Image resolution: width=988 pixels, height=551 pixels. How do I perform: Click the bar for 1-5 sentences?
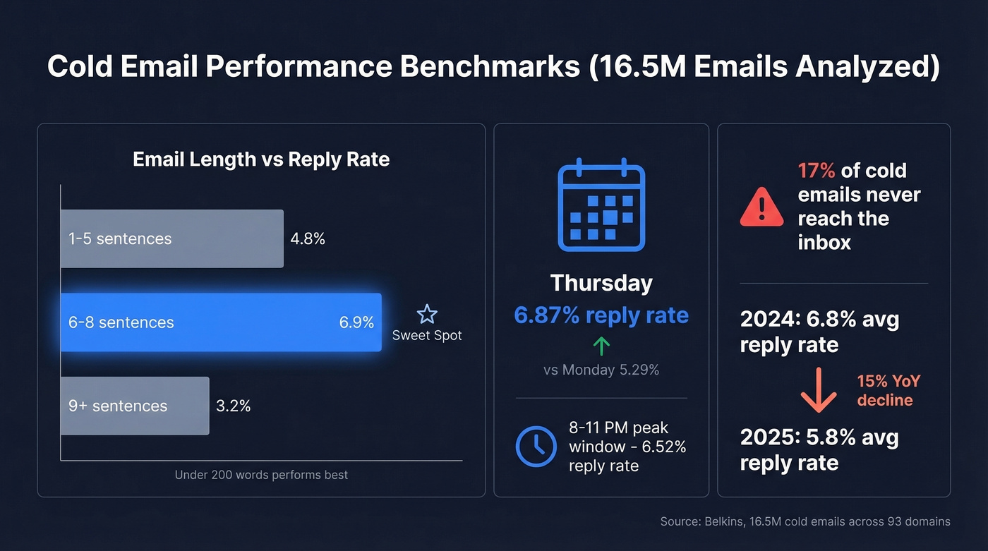[171, 238]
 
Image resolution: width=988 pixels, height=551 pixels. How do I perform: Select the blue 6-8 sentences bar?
[220, 322]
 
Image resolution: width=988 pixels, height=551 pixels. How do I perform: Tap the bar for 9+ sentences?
[134, 406]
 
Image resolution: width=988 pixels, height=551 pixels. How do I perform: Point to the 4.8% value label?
[308, 238]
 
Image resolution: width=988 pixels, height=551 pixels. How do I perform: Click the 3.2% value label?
[233, 406]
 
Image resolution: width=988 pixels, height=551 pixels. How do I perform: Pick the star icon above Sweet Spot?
[427, 314]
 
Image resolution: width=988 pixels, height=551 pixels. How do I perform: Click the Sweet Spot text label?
[427, 335]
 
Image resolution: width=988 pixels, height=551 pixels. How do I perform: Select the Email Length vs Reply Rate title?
[261, 159]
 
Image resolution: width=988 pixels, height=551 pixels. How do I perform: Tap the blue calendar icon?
[601, 205]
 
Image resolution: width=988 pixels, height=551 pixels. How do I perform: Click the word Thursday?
[601, 283]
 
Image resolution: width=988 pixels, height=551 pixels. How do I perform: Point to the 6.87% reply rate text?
[601, 315]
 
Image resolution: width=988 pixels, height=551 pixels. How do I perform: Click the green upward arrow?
[601, 346]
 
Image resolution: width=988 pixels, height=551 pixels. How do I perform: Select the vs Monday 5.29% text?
[601, 370]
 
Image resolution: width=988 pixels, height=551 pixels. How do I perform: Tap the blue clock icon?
[536, 447]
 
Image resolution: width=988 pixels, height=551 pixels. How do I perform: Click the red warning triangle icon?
[761, 207]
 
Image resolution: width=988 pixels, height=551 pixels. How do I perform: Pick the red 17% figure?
[817, 171]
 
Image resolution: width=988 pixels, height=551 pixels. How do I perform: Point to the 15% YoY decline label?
[888, 391]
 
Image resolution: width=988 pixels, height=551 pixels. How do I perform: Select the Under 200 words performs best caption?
[261, 475]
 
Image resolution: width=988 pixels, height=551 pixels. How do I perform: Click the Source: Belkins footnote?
[805, 521]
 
